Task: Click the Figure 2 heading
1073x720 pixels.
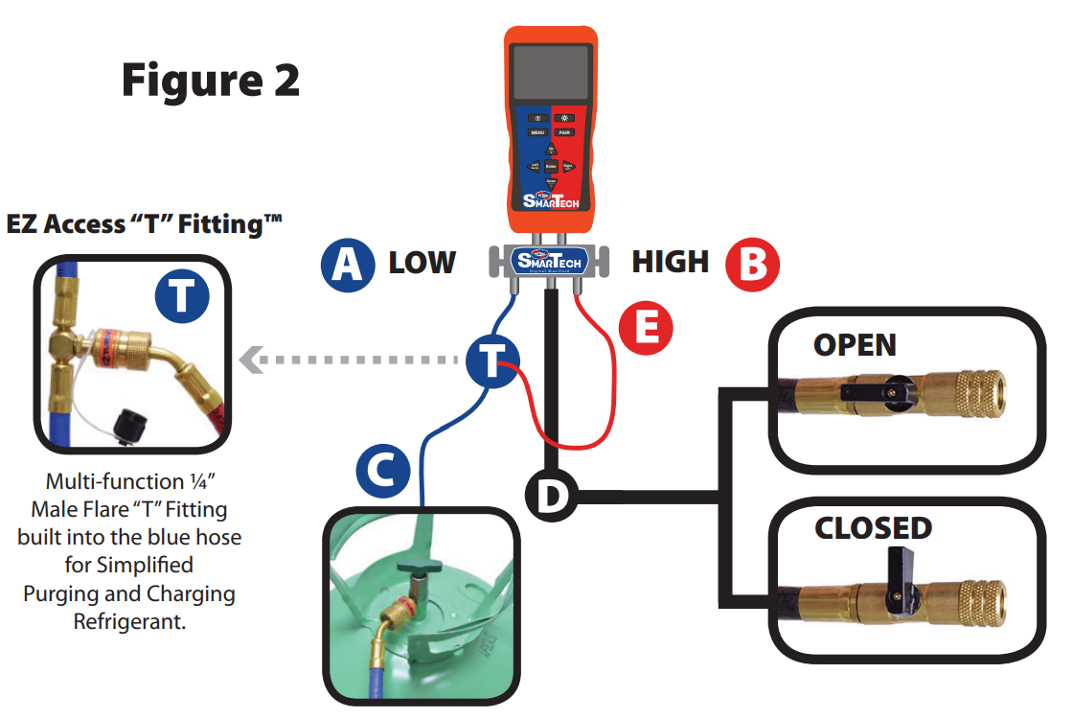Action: click(x=210, y=81)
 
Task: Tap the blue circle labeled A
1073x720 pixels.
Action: click(x=348, y=264)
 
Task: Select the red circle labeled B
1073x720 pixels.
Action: click(x=752, y=264)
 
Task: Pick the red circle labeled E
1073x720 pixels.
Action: click(x=646, y=329)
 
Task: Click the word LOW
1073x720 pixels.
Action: click(x=422, y=263)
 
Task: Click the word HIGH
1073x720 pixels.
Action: click(x=671, y=262)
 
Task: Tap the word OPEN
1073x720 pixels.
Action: click(x=855, y=345)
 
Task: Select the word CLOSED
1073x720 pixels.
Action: click(x=873, y=528)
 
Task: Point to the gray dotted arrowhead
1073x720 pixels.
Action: click(x=251, y=360)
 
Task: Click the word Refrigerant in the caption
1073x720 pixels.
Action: click(x=128, y=622)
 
